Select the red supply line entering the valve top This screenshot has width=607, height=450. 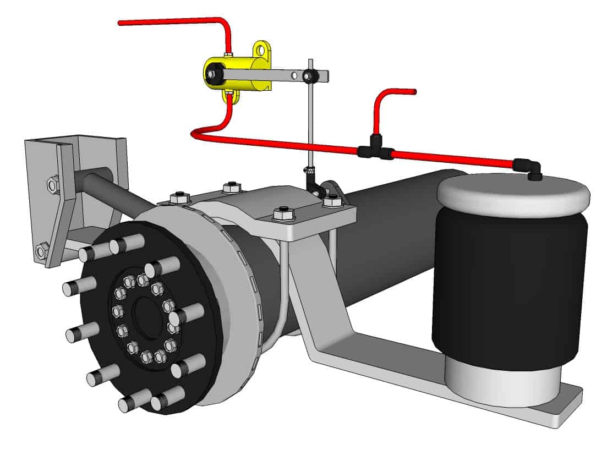[x=176, y=21]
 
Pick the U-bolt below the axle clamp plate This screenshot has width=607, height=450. [x=284, y=286]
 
